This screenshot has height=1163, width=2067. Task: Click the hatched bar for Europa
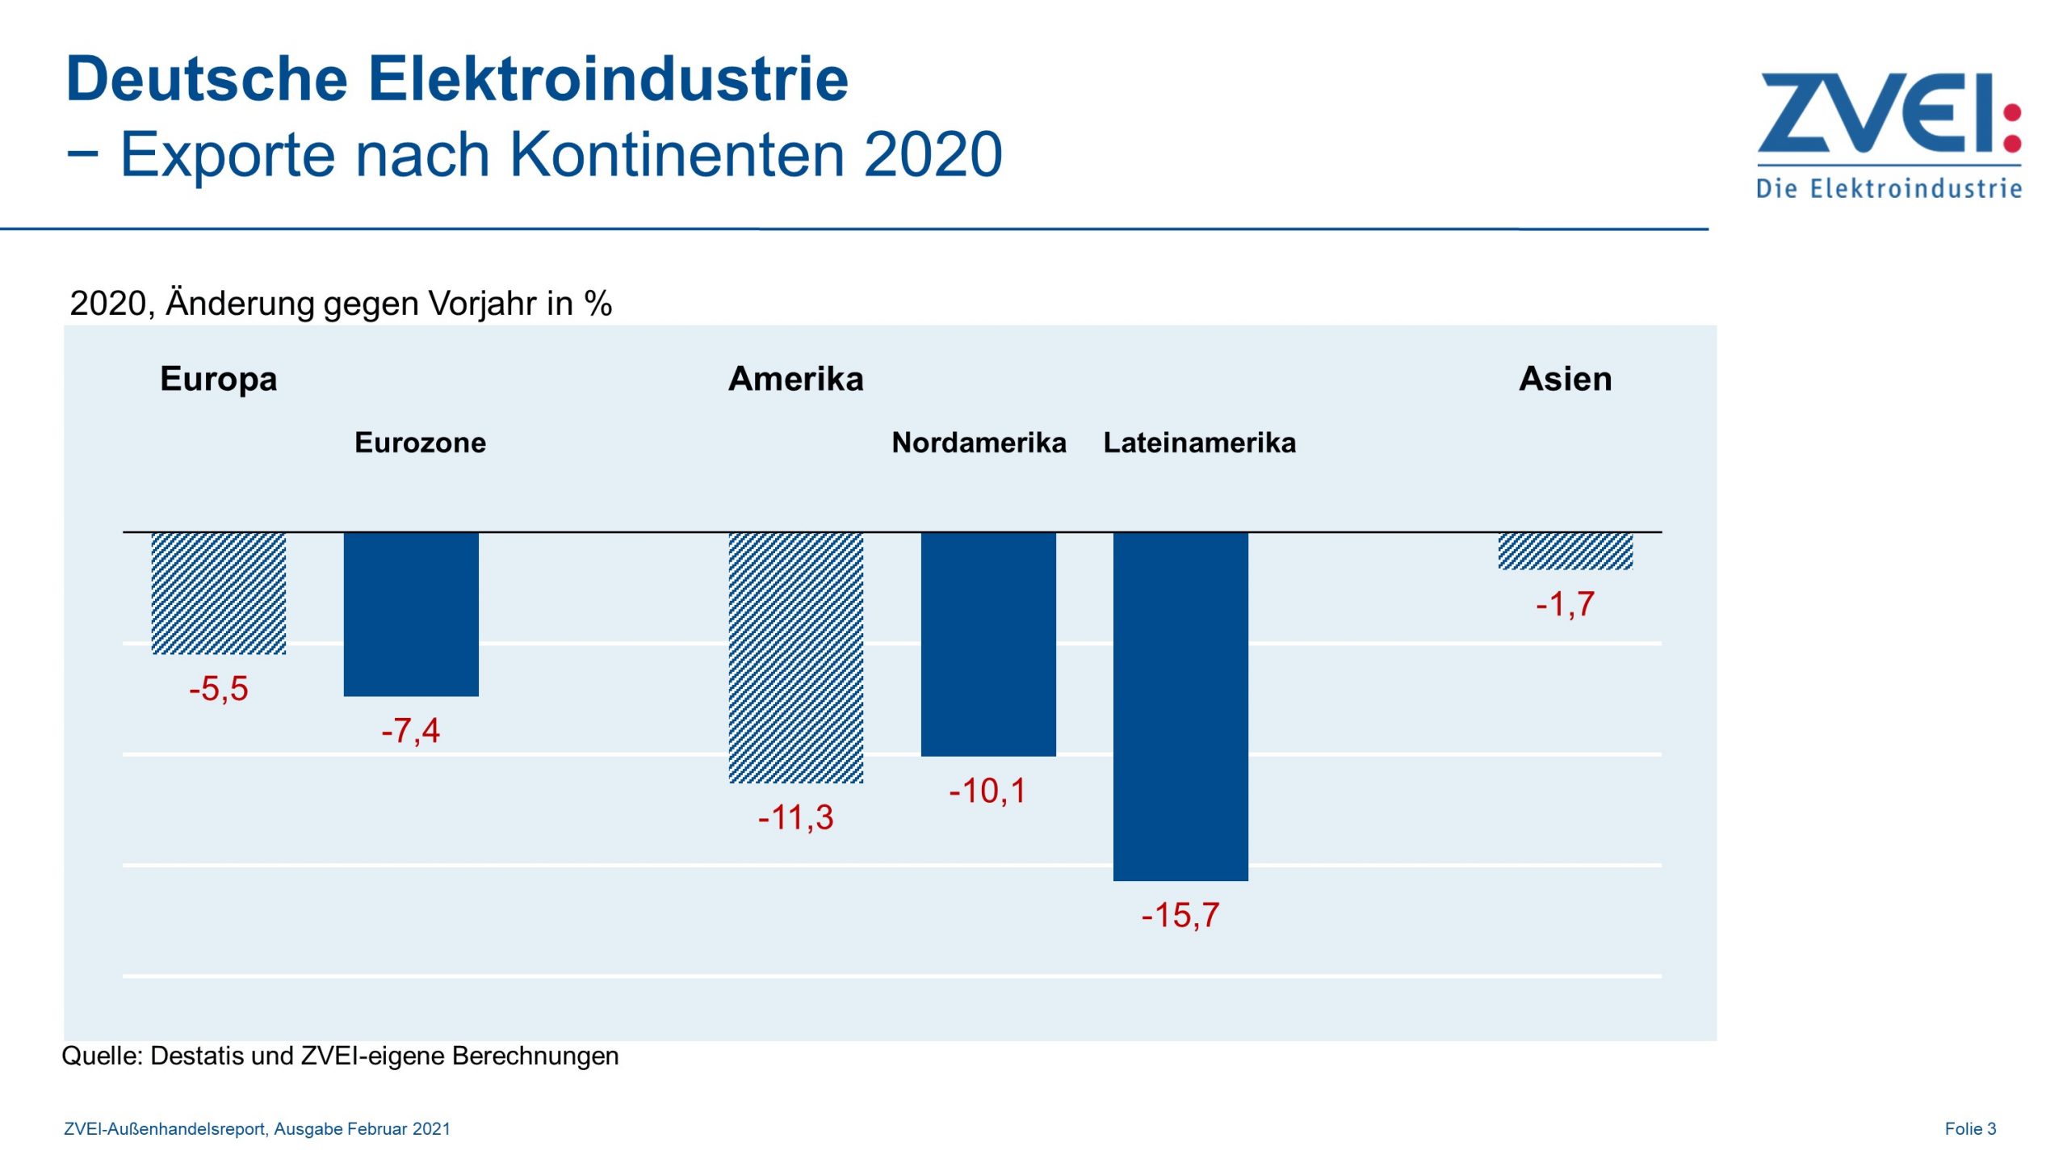tap(219, 593)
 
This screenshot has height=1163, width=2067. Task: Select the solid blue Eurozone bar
tap(411, 614)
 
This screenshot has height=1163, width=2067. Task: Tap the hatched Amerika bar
tap(796, 657)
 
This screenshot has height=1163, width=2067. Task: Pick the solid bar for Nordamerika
tap(988, 644)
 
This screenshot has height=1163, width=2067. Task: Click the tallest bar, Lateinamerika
tap(1180, 706)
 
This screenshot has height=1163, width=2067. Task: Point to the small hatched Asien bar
tap(1566, 551)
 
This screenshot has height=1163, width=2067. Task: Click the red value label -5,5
tap(219, 689)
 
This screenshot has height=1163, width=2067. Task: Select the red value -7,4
tap(411, 731)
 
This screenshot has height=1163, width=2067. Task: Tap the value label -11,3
tap(796, 817)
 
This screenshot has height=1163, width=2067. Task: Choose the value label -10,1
tap(988, 791)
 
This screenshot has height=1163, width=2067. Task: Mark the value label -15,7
tap(1180, 915)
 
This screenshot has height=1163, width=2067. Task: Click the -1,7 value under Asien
tap(1566, 604)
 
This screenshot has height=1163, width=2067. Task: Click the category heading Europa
tap(219, 379)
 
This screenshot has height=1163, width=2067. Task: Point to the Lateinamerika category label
tap(1200, 443)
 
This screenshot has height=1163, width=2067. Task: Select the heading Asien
tap(1566, 379)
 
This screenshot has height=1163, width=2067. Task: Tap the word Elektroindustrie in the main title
tap(609, 79)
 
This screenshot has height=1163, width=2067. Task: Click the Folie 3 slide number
tap(1970, 1128)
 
